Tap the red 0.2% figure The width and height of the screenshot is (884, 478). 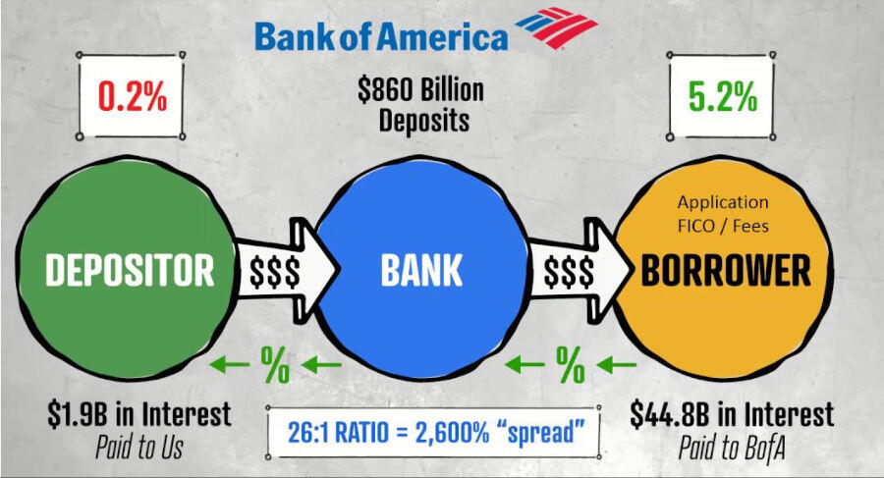pos(133,96)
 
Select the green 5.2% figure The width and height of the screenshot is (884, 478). pos(722,96)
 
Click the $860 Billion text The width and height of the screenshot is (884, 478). pos(420,89)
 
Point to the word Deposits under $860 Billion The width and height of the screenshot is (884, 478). pos(424,121)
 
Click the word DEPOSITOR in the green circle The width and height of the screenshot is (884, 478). pos(130,270)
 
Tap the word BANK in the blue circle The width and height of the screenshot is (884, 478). pos(421,270)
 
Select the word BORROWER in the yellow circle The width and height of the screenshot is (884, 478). pos(726,270)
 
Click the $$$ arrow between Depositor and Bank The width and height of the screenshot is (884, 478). pos(285,271)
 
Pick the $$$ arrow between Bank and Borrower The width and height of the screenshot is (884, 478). pos(578,271)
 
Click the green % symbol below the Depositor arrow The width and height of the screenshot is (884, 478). pos(275,365)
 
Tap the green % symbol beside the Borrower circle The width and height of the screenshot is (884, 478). pos(570,365)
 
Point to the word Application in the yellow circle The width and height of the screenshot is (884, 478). pos(723,202)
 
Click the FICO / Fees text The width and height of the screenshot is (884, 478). pos(723,226)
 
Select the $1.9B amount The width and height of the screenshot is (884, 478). pos(78,414)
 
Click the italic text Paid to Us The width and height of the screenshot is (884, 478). pos(139,448)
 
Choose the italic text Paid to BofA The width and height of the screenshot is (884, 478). pos(732,448)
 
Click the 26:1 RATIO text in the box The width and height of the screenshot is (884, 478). pos(338,433)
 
